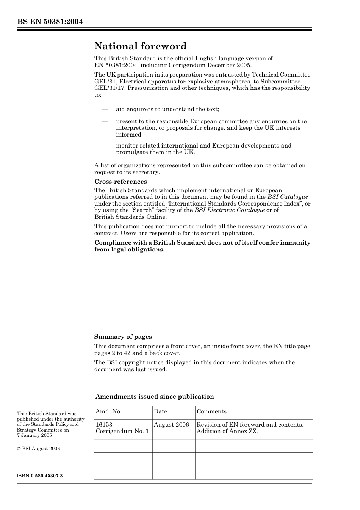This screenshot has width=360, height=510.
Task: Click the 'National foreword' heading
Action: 140,46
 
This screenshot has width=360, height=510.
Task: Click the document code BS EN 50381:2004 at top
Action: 50,22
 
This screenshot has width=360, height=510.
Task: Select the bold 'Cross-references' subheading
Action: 121,182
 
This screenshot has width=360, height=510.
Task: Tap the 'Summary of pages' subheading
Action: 123,337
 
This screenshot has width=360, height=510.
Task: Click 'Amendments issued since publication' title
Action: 155,397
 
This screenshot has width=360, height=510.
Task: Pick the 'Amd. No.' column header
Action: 108,411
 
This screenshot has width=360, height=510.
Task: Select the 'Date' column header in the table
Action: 160,411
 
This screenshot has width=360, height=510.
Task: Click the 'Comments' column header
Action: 211,411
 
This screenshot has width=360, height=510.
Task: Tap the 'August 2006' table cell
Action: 171,425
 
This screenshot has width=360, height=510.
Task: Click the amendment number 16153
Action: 104,425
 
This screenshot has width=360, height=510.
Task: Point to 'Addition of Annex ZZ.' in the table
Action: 227,431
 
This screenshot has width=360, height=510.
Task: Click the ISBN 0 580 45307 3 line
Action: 40,476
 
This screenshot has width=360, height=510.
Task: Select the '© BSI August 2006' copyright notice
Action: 38,449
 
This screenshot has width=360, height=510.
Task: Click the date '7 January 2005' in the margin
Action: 34,435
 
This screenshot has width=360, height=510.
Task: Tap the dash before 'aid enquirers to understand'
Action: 104,110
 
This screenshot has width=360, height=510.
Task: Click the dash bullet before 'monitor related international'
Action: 104,146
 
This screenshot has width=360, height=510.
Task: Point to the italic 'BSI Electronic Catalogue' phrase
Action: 229,210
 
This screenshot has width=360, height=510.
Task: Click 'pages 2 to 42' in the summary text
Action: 112,353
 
